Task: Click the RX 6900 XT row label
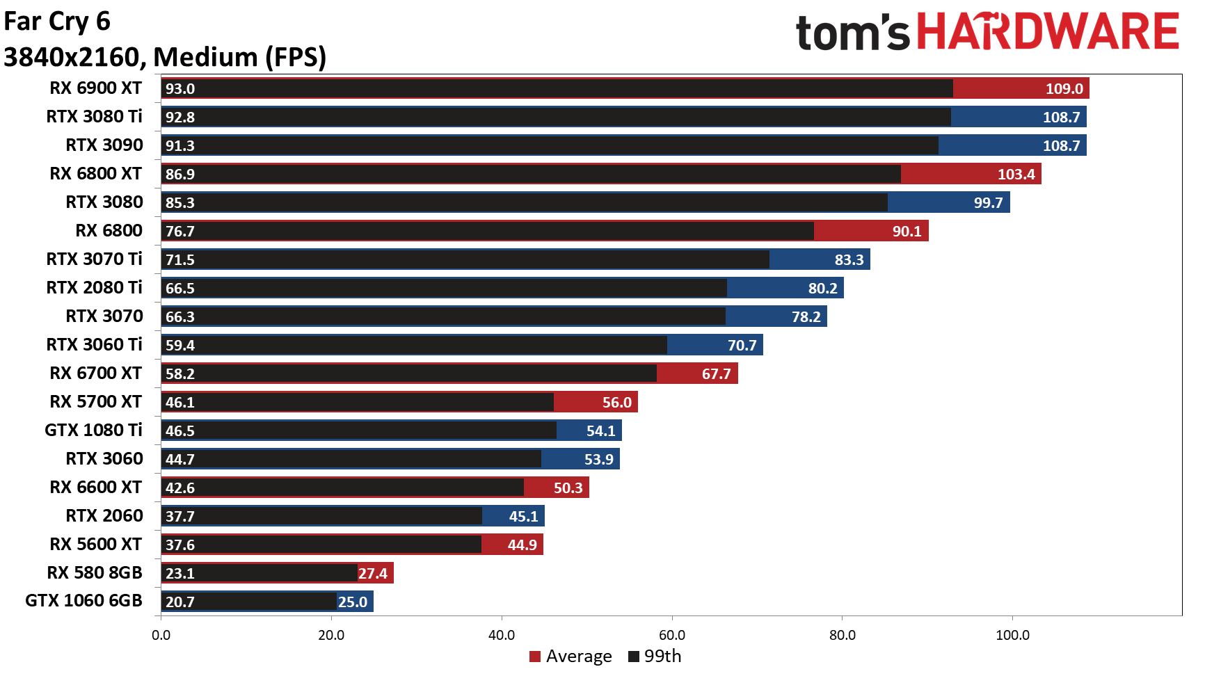(x=95, y=88)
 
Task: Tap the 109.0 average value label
(x=1064, y=89)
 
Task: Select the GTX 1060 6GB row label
(x=83, y=601)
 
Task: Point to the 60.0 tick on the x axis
(x=671, y=635)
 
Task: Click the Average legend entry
(x=570, y=657)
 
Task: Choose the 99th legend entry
(x=655, y=657)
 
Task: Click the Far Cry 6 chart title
(x=57, y=22)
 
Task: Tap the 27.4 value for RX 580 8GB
(x=373, y=574)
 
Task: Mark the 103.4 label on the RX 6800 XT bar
(x=1016, y=175)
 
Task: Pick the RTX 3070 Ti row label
(x=94, y=259)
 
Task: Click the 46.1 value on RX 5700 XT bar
(x=179, y=403)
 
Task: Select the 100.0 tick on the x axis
(x=1012, y=635)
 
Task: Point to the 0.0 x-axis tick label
(x=161, y=635)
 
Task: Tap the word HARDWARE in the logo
(x=1046, y=32)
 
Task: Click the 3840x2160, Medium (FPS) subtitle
(x=165, y=57)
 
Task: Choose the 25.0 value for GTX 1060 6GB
(x=353, y=602)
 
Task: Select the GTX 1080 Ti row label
(x=93, y=430)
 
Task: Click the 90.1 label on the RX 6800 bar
(x=907, y=232)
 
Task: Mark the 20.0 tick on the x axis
(x=331, y=635)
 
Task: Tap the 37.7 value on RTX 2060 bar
(x=179, y=517)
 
